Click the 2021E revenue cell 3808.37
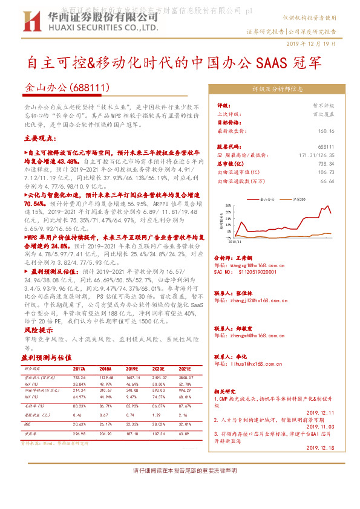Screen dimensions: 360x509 184,377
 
